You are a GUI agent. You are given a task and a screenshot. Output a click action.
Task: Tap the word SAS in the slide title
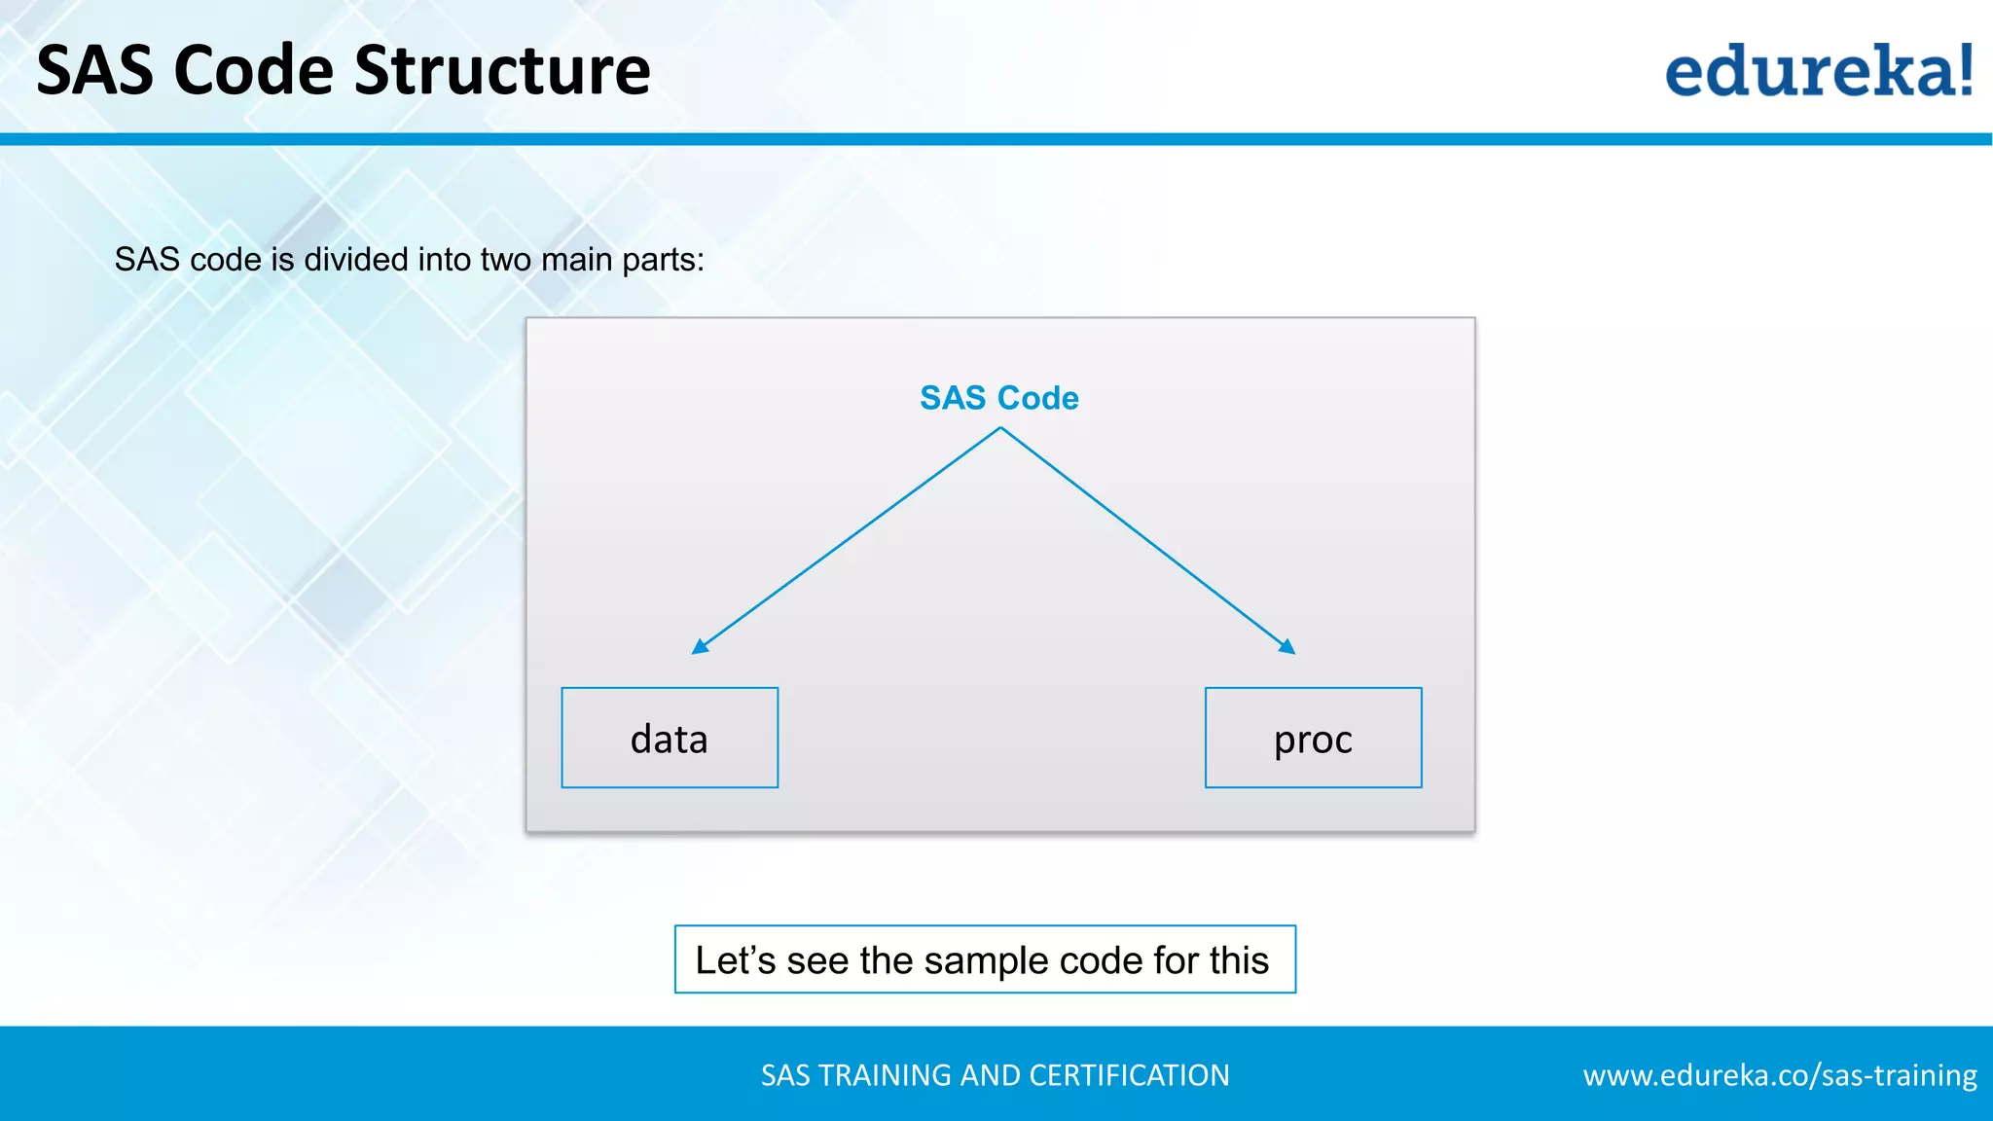click(x=94, y=71)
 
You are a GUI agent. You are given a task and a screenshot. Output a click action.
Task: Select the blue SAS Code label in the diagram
click(x=998, y=398)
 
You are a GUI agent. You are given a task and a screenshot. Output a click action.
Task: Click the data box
click(x=670, y=738)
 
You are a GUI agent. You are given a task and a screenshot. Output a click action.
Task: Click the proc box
click(x=1313, y=738)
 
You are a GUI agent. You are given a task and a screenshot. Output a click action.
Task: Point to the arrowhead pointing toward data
click(x=700, y=646)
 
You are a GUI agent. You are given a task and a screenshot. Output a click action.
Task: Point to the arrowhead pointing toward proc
click(x=1286, y=646)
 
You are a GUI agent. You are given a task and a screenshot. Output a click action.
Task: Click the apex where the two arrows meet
click(x=999, y=428)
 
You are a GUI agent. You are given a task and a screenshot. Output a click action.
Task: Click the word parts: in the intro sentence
click(x=663, y=260)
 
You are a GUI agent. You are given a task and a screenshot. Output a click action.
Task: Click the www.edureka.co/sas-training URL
click(x=1779, y=1075)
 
